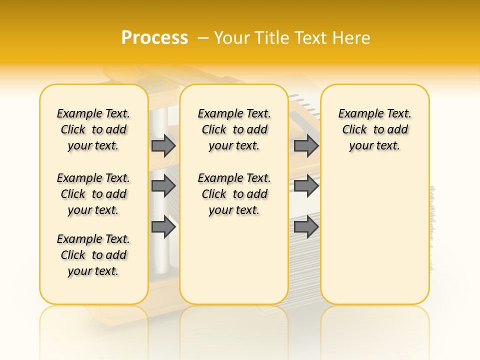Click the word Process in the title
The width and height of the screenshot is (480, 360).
(x=154, y=37)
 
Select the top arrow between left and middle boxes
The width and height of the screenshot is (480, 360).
(x=163, y=145)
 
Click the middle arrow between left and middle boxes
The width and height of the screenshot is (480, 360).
(x=163, y=186)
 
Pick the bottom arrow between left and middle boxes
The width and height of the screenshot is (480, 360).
(x=163, y=227)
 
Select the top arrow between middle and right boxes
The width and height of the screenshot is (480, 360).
(x=306, y=145)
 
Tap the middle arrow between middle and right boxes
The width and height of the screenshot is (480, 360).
(x=306, y=186)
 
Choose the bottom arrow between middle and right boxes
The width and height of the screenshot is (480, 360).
(x=306, y=227)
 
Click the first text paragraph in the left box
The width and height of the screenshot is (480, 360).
(x=93, y=129)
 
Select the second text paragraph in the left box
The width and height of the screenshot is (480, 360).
(x=93, y=194)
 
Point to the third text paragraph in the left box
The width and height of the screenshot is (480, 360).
(x=93, y=255)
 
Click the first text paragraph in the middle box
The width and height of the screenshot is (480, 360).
(x=234, y=129)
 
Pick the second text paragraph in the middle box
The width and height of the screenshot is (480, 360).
(x=234, y=194)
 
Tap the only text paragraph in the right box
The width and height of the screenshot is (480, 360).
(x=375, y=129)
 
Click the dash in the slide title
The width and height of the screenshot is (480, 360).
(x=203, y=37)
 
